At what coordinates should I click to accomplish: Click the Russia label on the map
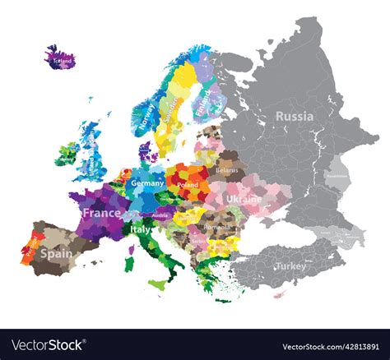click(x=294, y=117)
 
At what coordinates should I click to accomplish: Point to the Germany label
click(x=147, y=183)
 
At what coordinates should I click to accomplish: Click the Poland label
click(x=188, y=186)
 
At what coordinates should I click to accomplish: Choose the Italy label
click(x=142, y=229)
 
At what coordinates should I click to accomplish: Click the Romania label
click(x=216, y=226)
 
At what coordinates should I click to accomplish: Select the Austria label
click(x=160, y=215)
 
